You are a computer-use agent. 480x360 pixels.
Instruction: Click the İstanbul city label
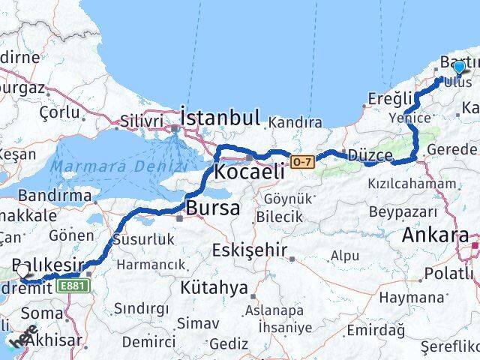tap(220, 117)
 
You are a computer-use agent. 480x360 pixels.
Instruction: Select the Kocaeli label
tap(248, 172)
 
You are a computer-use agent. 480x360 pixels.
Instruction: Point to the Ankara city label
tap(435, 235)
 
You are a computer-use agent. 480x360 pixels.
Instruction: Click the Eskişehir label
tap(248, 249)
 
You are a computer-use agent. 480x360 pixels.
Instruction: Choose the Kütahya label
tap(214, 287)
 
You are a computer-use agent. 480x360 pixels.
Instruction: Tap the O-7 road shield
tap(301, 160)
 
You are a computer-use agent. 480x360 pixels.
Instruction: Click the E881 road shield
tap(72, 285)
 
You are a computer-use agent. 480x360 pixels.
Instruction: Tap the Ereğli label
tap(391, 98)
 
